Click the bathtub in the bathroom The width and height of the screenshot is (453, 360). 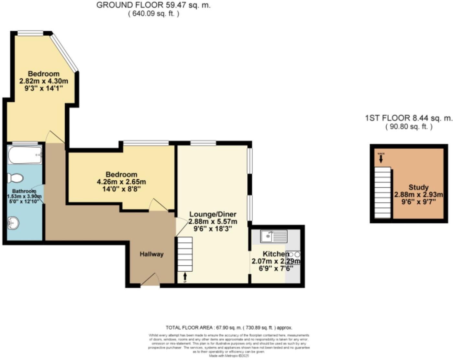pos(25,155)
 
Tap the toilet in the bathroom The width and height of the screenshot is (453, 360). pos(15,178)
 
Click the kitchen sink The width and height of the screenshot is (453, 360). pos(274,236)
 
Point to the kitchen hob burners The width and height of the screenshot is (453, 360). pos(294,254)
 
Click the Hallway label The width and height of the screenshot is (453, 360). pos(151,254)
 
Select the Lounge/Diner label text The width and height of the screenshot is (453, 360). pos(213,214)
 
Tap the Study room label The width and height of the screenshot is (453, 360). pos(418,187)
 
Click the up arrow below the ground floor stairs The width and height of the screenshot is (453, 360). pos(185,276)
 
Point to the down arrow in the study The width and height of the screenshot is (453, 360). pos(381,159)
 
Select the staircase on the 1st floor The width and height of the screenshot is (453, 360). pos(383,193)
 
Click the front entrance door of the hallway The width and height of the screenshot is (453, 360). pos(150,280)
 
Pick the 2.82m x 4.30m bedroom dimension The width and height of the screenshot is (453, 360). pos(43,81)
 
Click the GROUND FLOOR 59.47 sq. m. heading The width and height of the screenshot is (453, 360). pos(153,5)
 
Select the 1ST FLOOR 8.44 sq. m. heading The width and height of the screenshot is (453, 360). pos(408,118)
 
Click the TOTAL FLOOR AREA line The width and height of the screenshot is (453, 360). pos(229,327)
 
